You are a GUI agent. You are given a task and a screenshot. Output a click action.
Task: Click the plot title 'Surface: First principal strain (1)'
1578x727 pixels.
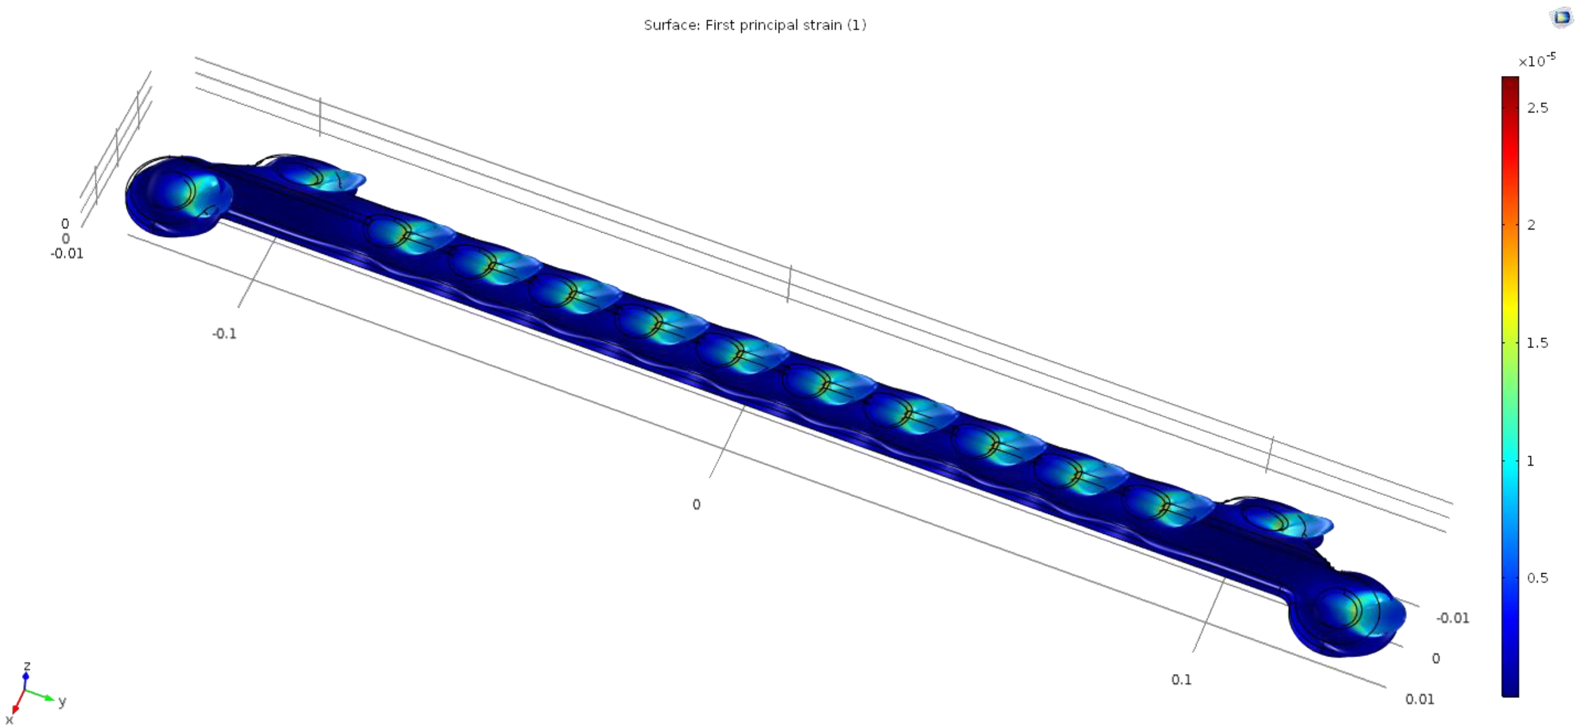[754, 25]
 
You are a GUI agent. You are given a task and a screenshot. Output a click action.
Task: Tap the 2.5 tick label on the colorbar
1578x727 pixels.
[1537, 108]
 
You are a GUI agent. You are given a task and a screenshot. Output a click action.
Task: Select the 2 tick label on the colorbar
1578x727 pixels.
[1531, 225]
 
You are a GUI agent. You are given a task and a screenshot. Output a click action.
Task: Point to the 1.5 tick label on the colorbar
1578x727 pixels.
[1537, 342]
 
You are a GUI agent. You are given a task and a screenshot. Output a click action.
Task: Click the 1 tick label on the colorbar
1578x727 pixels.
[1530, 460]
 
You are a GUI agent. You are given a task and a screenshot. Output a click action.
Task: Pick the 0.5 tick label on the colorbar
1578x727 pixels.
[1537, 578]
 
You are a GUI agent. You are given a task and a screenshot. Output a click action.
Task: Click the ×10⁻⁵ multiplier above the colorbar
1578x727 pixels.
[1536, 61]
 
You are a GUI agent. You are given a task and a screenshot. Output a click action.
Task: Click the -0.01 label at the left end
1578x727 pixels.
[66, 254]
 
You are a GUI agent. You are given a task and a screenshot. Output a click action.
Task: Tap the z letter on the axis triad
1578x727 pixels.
[26, 665]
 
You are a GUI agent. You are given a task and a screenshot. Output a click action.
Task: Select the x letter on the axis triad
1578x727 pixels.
[9, 719]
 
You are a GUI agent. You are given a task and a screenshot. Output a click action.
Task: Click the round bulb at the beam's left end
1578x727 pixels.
[174, 196]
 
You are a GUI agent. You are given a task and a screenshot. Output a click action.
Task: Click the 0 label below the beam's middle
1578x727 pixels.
[696, 504]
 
